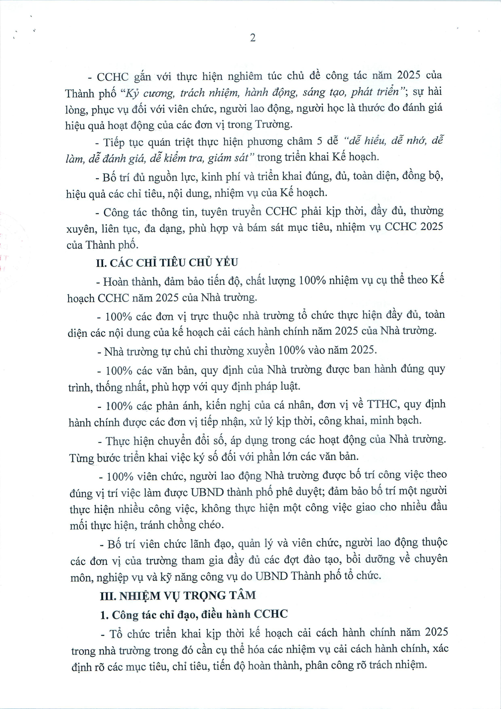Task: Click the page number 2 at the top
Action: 253,38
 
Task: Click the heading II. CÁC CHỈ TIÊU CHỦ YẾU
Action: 167,263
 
